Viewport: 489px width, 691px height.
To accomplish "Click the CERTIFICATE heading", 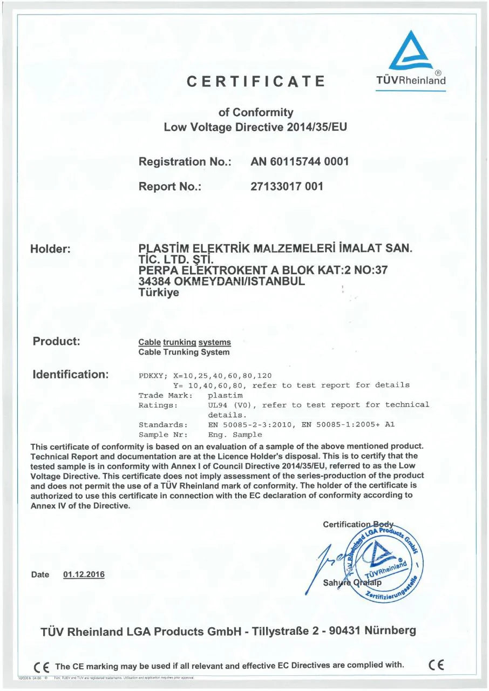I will click(x=256, y=82).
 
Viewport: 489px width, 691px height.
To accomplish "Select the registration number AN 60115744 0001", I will click(x=300, y=161).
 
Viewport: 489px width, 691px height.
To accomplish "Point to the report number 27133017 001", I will click(x=287, y=187).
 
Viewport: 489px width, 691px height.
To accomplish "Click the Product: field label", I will click(x=57, y=341).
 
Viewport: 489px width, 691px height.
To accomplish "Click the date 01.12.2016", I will click(x=84, y=574).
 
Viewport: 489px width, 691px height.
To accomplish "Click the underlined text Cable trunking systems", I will click(x=185, y=342).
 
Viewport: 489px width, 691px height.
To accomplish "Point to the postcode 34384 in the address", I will click(x=155, y=281).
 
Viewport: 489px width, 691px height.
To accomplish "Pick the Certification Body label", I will click(x=358, y=525).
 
